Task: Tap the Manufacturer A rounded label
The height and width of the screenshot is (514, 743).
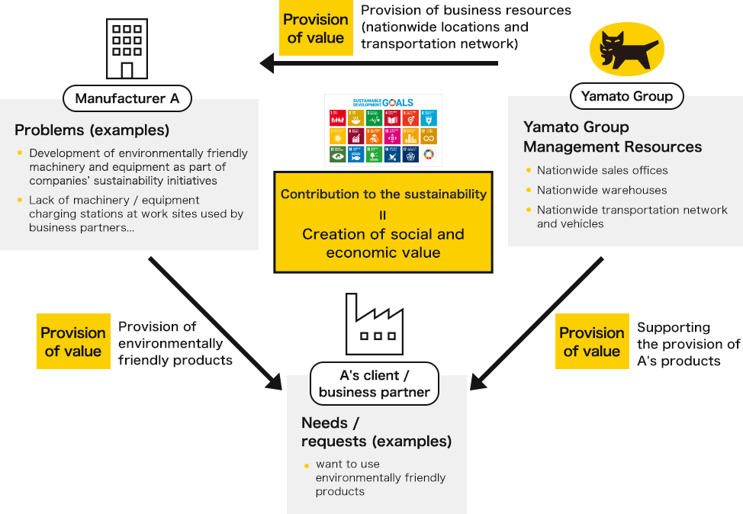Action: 127,98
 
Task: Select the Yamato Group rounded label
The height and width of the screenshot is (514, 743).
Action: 626,96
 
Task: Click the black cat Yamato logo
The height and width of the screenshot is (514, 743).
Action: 627,50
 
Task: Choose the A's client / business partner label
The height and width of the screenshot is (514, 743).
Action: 374,384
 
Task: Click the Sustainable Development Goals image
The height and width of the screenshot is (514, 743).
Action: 383,130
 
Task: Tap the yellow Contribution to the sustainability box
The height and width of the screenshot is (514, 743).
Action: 383,222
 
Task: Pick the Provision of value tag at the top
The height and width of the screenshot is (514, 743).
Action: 315,29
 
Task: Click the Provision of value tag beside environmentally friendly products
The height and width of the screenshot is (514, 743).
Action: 73,342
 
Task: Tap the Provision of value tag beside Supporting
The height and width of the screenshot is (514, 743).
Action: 592,342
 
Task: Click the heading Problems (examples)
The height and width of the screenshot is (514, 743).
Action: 92,130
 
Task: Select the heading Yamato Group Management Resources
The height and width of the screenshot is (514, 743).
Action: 612,137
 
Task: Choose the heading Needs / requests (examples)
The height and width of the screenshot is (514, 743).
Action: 376,432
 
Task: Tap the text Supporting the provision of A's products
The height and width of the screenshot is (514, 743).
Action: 688,344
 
